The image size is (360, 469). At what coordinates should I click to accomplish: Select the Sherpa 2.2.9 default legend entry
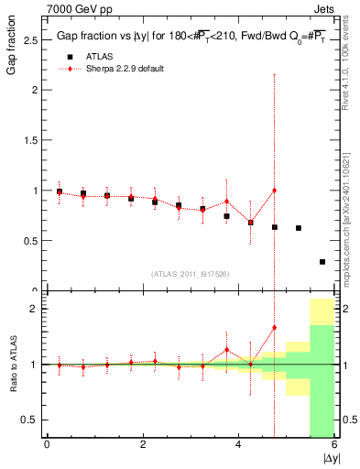click(x=124, y=69)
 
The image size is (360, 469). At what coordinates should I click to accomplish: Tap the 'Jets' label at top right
click(x=325, y=8)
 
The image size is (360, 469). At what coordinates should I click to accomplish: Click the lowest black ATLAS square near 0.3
click(x=322, y=262)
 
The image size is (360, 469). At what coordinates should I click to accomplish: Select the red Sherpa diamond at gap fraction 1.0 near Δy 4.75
click(x=274, y=191)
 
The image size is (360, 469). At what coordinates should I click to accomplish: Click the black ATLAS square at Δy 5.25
click(x=298, y=228)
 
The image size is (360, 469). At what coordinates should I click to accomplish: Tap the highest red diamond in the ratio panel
click(x=274, y=327)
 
